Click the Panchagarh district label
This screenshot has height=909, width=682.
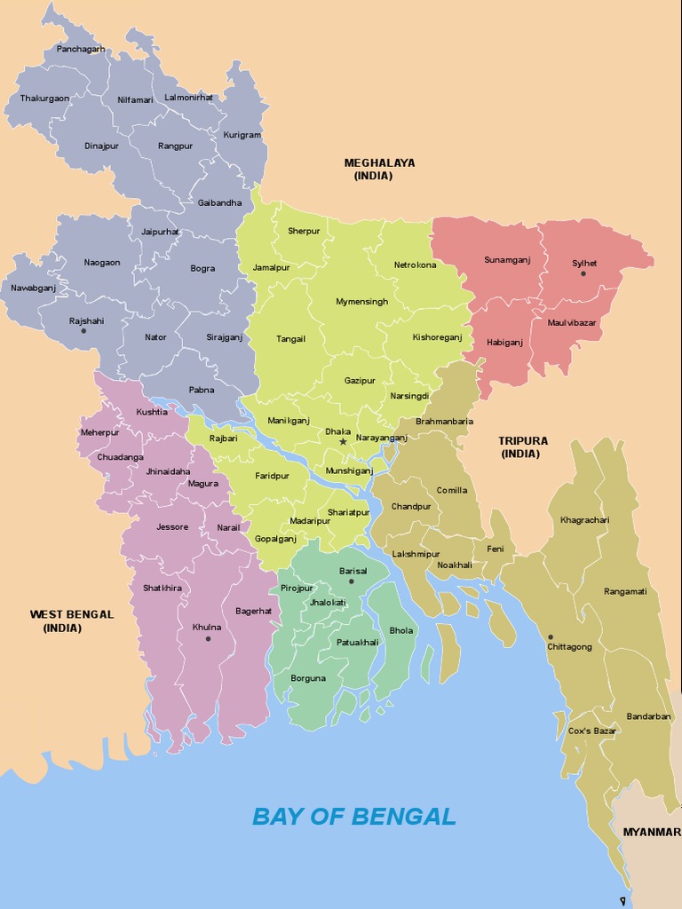(x=81, y=49)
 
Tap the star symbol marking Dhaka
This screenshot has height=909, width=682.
(x=343, y=441)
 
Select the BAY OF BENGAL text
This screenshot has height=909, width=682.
(x=353, y=816)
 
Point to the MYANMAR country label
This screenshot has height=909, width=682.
(x=652, y=832)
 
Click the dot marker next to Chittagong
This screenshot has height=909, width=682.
(x=551, y=636)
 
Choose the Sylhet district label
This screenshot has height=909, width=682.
(x=584, y=263)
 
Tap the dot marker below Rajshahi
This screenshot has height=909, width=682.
(x=83, y=331)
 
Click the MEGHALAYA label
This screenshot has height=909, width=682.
(x=379, y=162)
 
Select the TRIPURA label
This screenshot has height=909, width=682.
(x=523, y=440)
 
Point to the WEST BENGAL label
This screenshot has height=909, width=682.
(x=71, y=613)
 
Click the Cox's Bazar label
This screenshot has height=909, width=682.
(x=592, y=731)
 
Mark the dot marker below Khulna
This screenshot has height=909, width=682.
(x=208, y=638)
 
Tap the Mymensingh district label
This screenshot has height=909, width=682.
(x=361, y=302)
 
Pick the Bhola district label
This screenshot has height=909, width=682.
(x=401, y=630)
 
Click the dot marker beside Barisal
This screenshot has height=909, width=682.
(x=352, y=581)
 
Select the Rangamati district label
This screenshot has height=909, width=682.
(x=625, y=591)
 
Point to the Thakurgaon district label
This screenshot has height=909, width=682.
(x=44, y=99)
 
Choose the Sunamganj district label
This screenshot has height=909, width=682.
(x=506, y=260)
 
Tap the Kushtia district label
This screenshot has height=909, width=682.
(x=152, y=412)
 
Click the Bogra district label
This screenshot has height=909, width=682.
(x=202, y=268)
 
